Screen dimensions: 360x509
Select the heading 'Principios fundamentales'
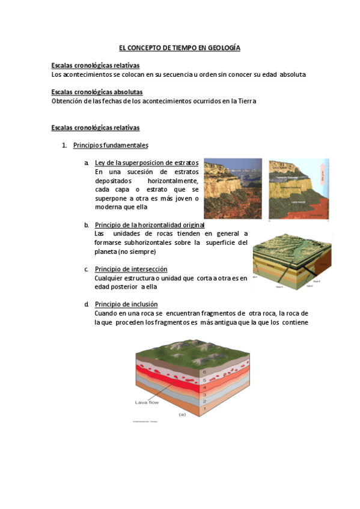pos(111,145)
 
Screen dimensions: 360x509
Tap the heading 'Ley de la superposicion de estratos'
pos(147,163)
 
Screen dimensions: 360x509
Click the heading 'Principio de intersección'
pos(131,269)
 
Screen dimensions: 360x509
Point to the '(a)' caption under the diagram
pos(182,414)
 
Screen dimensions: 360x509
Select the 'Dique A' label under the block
pos(279,287)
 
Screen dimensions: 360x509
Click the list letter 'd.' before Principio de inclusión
pos(87,304)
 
